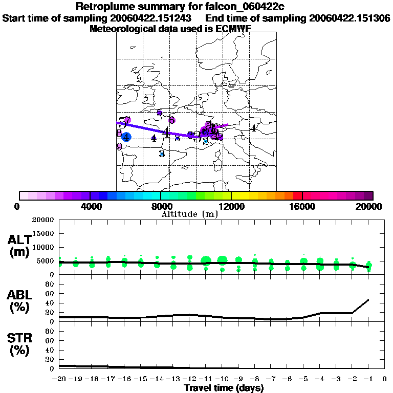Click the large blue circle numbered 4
126,137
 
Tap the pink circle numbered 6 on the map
172,120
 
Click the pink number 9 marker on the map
119,146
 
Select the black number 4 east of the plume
253,128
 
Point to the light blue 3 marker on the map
162,153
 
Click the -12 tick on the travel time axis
189,379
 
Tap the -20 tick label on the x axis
59,379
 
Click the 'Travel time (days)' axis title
224,388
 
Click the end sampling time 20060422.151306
350,18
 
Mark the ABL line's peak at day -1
368,299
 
